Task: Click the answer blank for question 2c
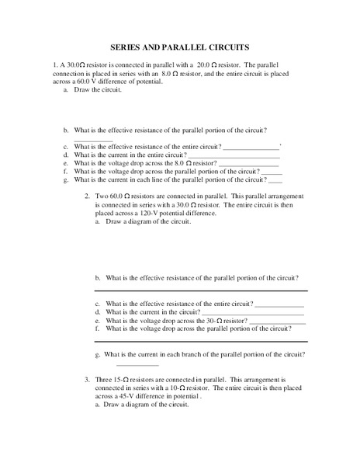pyautogui.click(x=279, y=304)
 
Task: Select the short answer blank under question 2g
pyautogui.click(x=137, y=363)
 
